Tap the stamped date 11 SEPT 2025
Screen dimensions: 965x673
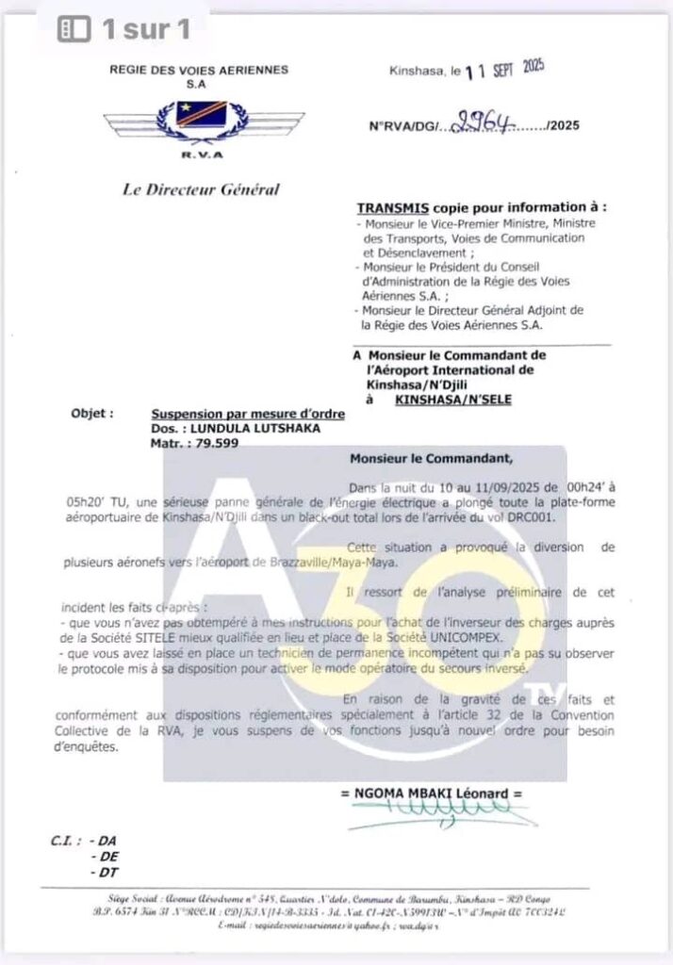504,70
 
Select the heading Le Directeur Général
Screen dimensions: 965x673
201,189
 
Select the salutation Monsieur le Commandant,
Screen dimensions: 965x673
433,460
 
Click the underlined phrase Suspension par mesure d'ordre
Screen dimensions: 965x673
248,414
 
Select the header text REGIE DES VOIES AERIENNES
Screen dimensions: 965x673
199,70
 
